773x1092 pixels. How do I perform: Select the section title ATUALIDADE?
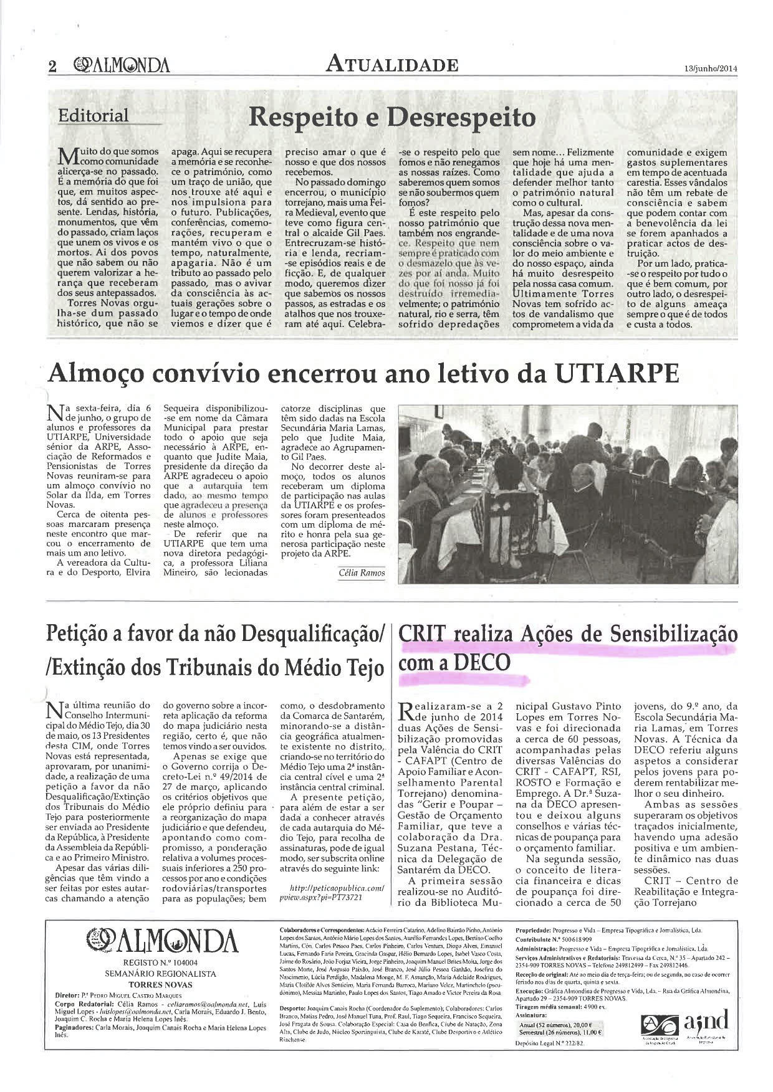tap(393, 64)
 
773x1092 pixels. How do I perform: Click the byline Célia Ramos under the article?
tap(362, 572)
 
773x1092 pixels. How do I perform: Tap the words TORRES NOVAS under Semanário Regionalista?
tap(160, 985)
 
